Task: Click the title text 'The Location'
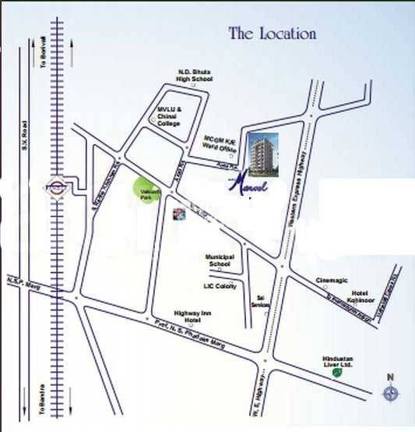[x=272, y=34]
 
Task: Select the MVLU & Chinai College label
[x=169, y=116]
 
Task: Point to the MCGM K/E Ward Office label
[x=220, y=144]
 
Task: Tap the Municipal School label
[x=220, y=260]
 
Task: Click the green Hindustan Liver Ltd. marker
[x=336, y=373]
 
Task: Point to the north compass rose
[x=390, y=393]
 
